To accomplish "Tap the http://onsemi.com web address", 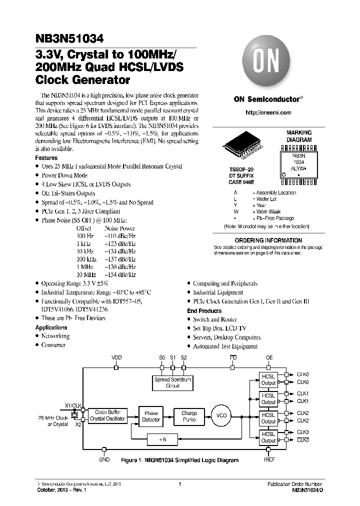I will [268, 112].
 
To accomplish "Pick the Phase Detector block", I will [151, 416].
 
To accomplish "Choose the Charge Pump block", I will [189, 416].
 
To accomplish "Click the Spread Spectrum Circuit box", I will [173, 382].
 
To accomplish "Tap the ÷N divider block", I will [163, 439].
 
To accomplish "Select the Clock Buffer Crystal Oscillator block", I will [107, 415].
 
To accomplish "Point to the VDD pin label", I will [116, 358].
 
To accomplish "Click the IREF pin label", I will [268, 459].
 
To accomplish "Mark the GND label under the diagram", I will [104, 459].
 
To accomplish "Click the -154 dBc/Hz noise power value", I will [120, 275].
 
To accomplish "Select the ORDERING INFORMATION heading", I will [268, 240].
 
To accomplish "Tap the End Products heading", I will [204, 310].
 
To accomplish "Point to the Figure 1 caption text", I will [179, 460].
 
